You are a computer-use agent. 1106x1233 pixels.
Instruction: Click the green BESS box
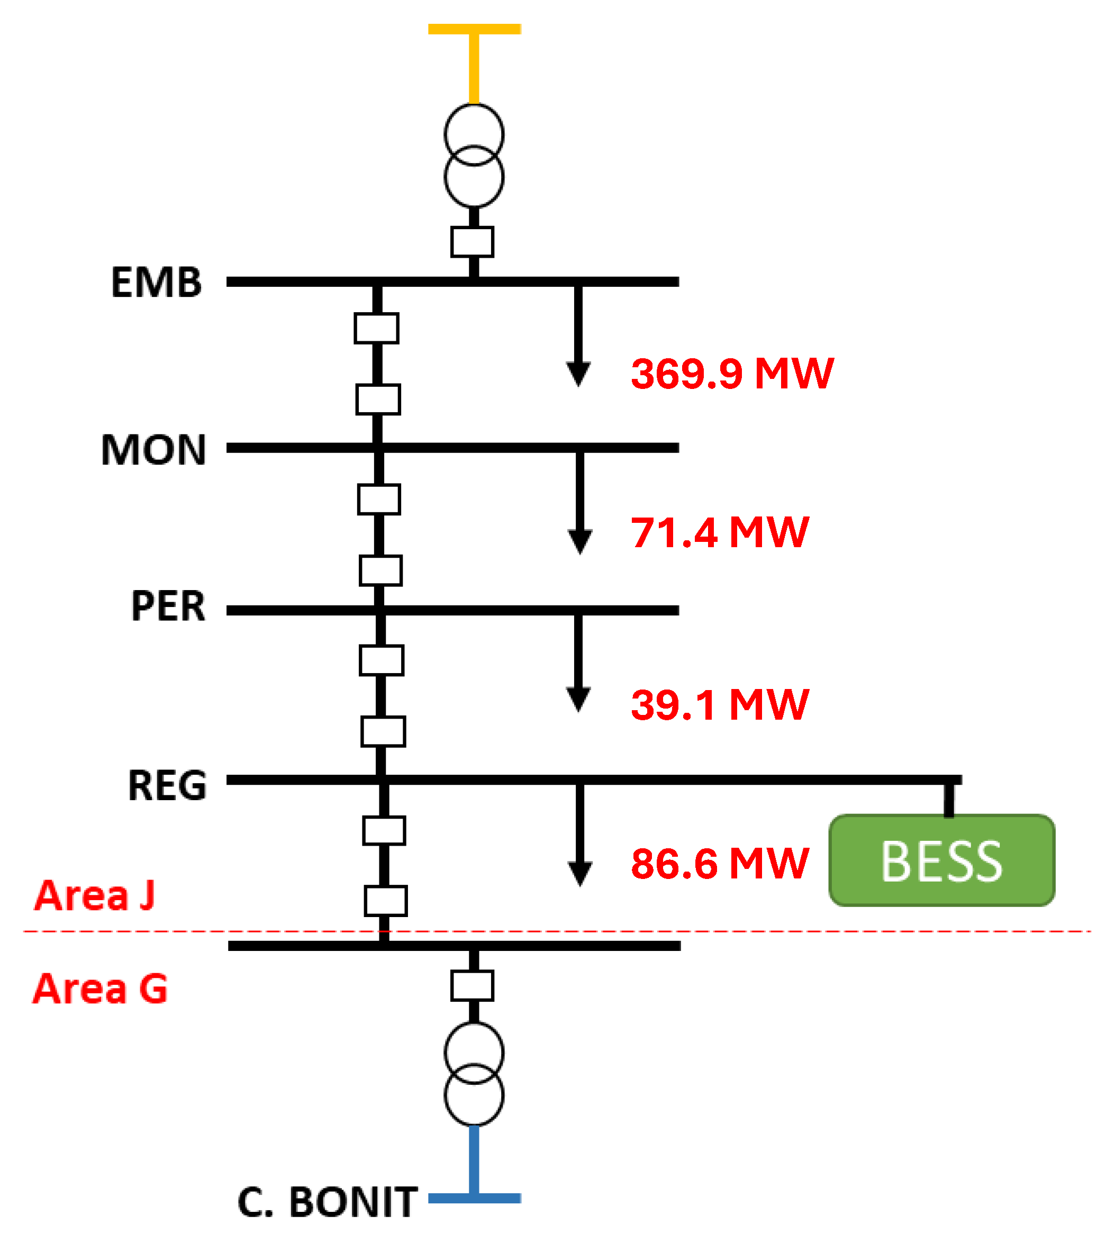coord(941,860)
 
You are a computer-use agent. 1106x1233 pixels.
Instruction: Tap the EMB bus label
coord(156,283)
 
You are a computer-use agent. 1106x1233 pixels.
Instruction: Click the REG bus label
coord(167,785)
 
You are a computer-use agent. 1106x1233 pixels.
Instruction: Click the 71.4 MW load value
coord(720,532)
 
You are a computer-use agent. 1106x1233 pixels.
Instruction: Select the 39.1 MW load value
coord(720,705)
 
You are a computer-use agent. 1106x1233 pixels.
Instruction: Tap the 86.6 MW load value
coord(720,863)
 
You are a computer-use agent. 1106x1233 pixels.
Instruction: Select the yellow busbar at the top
coord(474,29)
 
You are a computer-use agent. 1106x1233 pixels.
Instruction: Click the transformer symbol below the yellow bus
coord(474,156)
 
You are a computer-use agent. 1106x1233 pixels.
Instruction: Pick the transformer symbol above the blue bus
coord(474,1074)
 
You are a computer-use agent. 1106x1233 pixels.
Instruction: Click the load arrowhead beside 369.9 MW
coord(578,373)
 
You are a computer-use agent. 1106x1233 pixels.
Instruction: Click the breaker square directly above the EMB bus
coord(472,242)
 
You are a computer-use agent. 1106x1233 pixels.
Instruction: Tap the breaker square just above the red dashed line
coord(385,901)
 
